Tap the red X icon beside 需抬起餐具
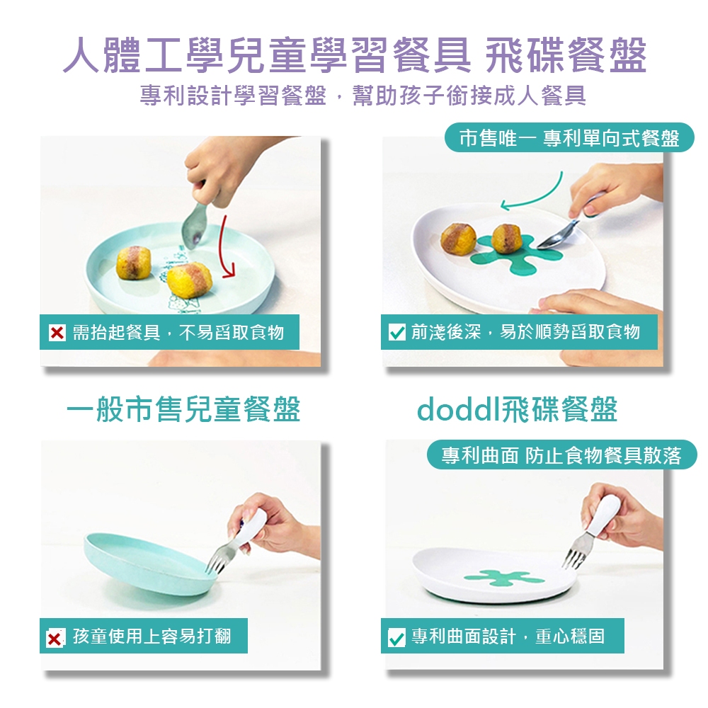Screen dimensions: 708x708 coord(57,333)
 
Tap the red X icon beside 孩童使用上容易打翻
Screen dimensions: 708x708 coord(55,638)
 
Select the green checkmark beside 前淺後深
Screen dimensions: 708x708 coord(397,332)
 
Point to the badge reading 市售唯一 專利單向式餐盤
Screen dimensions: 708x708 coord(569,137)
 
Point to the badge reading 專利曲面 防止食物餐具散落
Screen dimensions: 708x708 coord(561,455)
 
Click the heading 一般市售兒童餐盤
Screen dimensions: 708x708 coord(183,409)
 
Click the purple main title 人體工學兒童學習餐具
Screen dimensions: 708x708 coord(266,55)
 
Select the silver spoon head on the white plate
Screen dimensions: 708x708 coord(550,241)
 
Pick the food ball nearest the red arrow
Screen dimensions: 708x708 coord(189,280)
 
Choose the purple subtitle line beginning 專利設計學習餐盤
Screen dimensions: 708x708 coord(363,96)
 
